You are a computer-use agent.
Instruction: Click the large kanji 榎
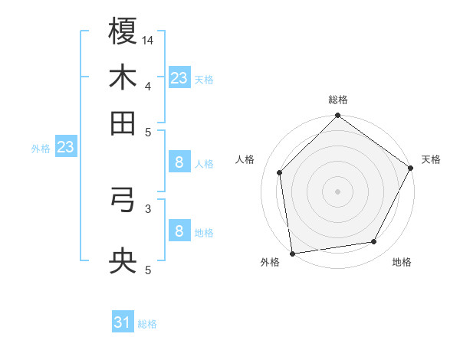(123, 32)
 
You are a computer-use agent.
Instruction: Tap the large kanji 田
(123, 122)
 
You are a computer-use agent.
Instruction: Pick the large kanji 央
(123, 262)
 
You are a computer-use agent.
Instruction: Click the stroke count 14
(148, 41)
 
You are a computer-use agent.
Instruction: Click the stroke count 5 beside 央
(148, 270)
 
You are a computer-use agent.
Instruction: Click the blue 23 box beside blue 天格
(179, 78)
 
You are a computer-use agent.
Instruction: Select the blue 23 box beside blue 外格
(65, 148)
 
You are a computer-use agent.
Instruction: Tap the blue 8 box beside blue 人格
(179, 162)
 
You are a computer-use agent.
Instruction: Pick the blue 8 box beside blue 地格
(179, 231)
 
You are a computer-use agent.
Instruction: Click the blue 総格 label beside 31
(147, 324)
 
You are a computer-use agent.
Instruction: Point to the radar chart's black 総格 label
(338, 100)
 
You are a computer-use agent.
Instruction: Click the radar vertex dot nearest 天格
(411, 169)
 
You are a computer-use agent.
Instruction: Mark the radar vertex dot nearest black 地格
(374, 242)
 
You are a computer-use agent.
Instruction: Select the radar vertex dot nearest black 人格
(280, 172)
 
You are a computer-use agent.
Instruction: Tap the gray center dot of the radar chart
(338, 191)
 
